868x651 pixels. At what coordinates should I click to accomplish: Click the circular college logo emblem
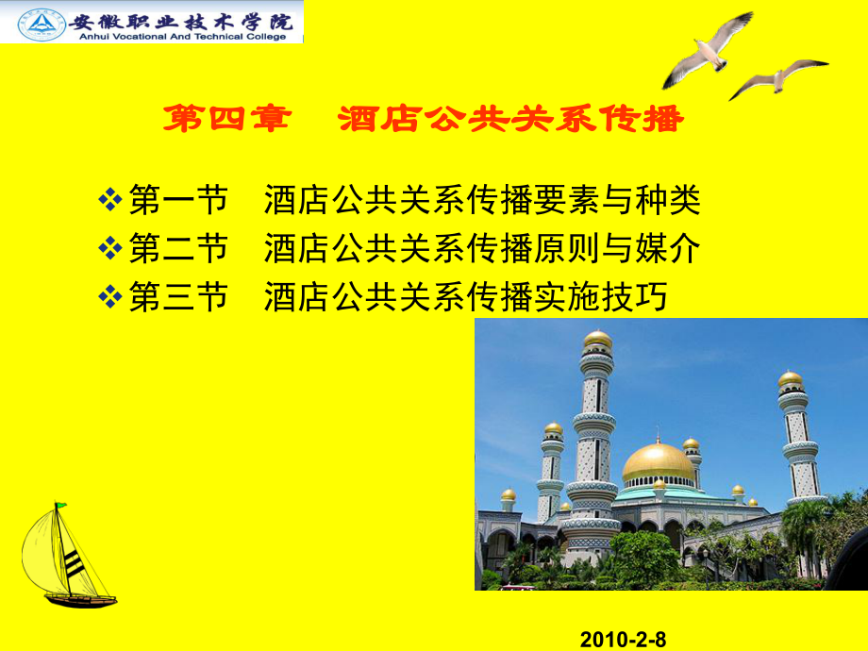pyautogui.click(x=40, y=23)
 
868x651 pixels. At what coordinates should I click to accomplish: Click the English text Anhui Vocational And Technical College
pyautogui.click(x=181, y=37)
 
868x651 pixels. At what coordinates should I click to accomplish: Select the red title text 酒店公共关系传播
pyautogui.click(x=509, y=121)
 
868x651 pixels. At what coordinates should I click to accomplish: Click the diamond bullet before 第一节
pyautogui.click(x=110, y=200)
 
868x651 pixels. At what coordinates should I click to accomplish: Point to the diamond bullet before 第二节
pyautogui.click(x=110, y=249)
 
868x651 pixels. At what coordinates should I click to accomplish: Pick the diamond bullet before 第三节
pyautogui.click(x=110, y=298)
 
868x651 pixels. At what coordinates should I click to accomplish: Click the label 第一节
pyautogui.click(x=178, y=200)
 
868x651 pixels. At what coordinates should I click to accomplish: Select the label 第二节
pyautogui.click(x=178, y=249)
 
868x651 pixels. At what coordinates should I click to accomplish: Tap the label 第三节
pyautogui.click(x=178, y=298)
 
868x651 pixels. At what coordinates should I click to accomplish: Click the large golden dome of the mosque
pyautogui.click(x=658, y=460)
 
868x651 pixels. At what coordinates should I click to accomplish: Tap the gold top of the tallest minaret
pyautogui.click(x=596, y=339)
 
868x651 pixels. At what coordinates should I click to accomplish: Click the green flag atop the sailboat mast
pyautogui.click(x=60, y=507)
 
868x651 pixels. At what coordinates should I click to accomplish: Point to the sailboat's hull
pyautogui.click(x=80, y=600)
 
